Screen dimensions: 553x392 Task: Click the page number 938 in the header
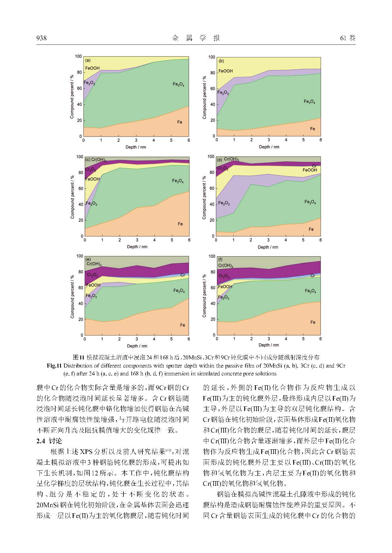[x=41, y=38]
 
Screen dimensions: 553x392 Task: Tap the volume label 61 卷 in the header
[x=347, y=38]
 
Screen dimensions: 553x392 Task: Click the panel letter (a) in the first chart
[x=88, y=60]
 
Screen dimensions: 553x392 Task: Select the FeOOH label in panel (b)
[x=226, y=71]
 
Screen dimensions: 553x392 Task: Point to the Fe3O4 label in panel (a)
[x=178, y=84]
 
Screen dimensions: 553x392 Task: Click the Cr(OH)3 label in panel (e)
[x=94, y=264]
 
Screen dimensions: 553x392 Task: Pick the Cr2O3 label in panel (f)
[x=224, y=276]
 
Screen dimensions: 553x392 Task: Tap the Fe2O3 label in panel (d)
[x=224, y=203]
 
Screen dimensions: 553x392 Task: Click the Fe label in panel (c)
[x=180, y=224]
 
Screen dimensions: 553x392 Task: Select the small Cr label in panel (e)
[x=183, y=275]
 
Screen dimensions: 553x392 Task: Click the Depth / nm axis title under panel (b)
[x=269, y=147]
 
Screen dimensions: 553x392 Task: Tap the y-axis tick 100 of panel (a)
[x=78, y=56]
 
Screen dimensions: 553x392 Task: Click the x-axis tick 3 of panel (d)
[x=268, y=240]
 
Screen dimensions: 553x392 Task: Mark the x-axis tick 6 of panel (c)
[x=189, y=240]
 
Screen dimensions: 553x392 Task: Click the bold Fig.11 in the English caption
[x=54, y=366]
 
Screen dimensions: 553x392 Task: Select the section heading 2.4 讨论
[x=49, y=441]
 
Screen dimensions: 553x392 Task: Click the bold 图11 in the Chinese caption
[x=78, y=357]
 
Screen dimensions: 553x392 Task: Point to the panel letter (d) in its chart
[x=220, y=159]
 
